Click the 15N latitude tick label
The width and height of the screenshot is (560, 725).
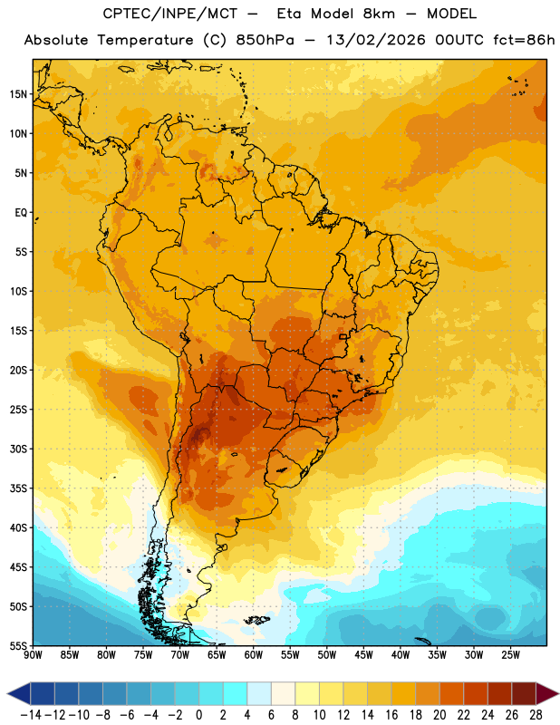[18, 94]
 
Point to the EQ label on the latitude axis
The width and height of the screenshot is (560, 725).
[21, 213]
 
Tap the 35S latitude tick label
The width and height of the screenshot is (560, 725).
[18, 488]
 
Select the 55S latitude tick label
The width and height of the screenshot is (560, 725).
[18, 645]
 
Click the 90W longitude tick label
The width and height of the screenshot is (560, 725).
[33, 655]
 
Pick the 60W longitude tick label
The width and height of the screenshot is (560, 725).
[254, 655]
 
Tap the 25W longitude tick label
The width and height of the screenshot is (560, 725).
[510, 655]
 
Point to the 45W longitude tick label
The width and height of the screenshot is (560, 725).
[363, 655]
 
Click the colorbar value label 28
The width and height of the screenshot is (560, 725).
[536, 715]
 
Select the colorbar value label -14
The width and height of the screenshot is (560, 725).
[31, 715]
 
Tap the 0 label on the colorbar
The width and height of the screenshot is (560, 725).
[198, 715]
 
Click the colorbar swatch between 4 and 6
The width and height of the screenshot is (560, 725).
[259, 693]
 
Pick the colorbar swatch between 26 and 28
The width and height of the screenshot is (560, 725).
[524, 693]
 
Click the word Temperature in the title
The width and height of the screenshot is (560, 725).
[145, 40]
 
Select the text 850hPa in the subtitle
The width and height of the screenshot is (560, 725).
[265, 40]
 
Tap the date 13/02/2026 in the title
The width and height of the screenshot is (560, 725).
[375, 40]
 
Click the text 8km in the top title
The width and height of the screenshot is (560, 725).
[379, 14]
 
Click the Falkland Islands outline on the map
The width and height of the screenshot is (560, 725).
[256, 620]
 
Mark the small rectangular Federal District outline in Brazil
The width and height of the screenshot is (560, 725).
[343, 336]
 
